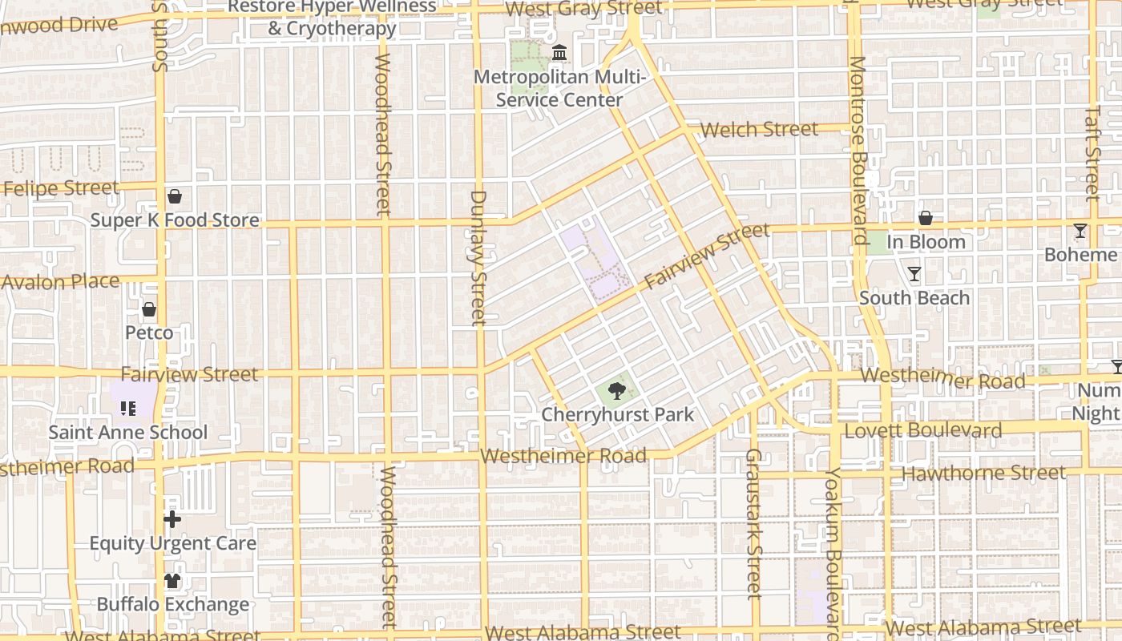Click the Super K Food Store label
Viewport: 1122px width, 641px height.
point(175,220)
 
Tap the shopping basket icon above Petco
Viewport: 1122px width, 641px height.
point(149,309)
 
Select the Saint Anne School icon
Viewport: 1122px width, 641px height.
point(128,409)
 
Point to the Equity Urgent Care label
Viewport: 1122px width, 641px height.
point(172,543)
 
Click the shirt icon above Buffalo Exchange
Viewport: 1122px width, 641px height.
point(172,581)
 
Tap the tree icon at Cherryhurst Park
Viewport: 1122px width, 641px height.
point(616,391)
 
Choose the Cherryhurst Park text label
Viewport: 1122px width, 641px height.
point(617,415)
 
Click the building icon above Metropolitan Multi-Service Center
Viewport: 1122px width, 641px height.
point(559,54)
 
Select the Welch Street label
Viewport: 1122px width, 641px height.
point(759,129)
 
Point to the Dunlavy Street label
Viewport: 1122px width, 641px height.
point(478,257)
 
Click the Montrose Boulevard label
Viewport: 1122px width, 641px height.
point(858,150)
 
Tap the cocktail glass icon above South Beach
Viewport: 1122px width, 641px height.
point(914,274)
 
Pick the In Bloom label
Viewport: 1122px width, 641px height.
point(926,242)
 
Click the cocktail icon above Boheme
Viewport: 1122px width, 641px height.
point(1080,231)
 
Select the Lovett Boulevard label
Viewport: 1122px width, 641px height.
point(923,431)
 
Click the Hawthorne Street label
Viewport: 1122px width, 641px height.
point(984,474)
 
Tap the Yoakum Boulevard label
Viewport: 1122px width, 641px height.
point(833,553)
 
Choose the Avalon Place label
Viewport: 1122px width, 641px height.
point(60,282)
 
